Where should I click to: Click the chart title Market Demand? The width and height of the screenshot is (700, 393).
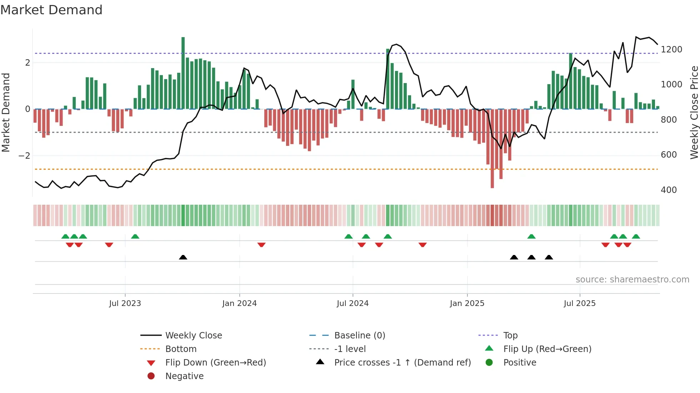tap(51, 10)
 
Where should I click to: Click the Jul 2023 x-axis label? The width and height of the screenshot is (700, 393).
tap(125, 303)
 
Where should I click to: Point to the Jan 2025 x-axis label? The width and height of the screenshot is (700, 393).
tap(467, 303)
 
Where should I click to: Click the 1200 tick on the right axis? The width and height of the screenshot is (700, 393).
tap(671, 50)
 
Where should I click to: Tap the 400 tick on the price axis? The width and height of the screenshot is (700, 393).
tap(668, 190)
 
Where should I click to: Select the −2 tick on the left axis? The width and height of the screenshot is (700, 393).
tap(24, 156)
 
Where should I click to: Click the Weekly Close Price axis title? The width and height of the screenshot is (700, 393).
tap(694, 112)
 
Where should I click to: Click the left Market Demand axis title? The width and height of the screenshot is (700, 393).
tap(6, 112)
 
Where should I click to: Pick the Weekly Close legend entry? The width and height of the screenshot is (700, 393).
tap(193, 336)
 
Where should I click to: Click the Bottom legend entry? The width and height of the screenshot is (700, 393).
tap(181, 349)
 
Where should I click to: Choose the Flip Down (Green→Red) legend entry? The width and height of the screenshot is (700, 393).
tap(215, 363)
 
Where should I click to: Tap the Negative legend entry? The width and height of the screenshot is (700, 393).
tap(184, 376)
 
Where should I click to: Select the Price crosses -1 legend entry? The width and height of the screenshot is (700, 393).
tap(402, 363)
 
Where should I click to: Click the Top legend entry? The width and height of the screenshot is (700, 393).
tap(510, 336)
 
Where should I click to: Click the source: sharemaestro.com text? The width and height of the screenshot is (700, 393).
tap(632, 280)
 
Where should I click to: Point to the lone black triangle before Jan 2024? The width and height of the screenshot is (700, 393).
tap(183, 257)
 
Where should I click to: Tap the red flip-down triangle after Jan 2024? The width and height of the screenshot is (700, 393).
tap(261, 245)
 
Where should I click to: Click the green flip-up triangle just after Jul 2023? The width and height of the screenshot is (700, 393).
tap(135, 236)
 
